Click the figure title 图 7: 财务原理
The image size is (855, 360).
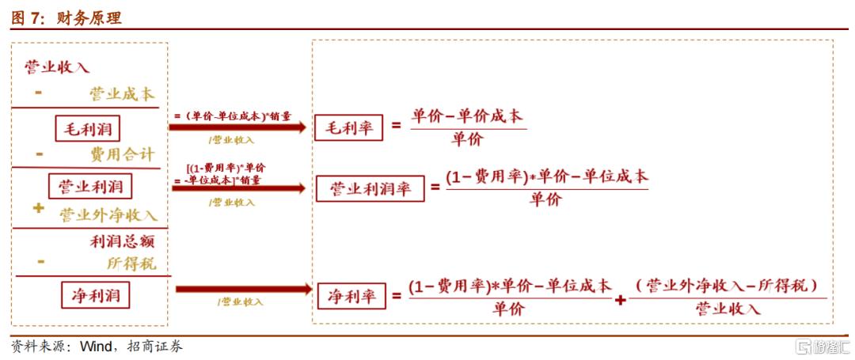(67, 18)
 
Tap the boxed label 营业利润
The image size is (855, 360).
(90, 187)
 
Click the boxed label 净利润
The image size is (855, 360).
(96, 296)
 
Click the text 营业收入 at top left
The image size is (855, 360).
(57, 66)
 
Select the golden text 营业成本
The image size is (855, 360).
(121, 94)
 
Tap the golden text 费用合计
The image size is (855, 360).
(122, 154)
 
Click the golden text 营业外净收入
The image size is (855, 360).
(108, 214)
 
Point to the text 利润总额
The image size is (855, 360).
(122, 241)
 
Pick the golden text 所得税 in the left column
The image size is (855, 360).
(131, 263)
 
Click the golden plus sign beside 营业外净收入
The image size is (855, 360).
(38, 209)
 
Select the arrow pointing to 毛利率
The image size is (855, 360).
(240, 127)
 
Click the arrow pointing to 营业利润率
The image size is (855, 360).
(240, 188)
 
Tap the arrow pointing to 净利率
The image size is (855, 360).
(243, 290)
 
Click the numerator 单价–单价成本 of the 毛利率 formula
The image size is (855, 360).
(467, 116)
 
